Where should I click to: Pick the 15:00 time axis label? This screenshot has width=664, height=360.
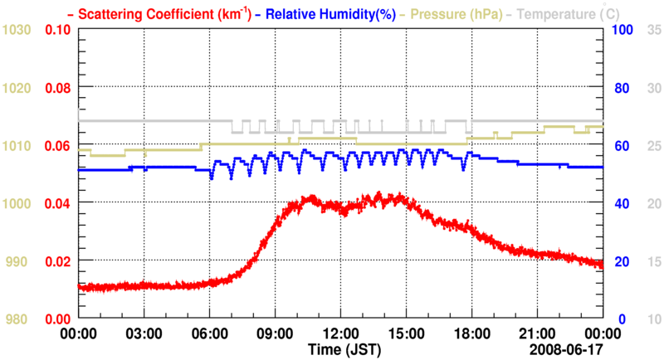pyautogui.click(x=406, y=333)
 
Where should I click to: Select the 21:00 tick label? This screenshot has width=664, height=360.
pyautogui.click(x=537, y=333)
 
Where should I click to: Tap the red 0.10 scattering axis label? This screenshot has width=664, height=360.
pyautogui.click(x=56, y=30)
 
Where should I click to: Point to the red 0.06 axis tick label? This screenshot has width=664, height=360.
pyautogui.click(x=56, y=146)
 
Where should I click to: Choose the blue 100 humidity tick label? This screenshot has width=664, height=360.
pyautogui.click(x=622, y=30)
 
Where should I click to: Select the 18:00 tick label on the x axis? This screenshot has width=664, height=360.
pyautogui.click(x=471, y=333)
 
